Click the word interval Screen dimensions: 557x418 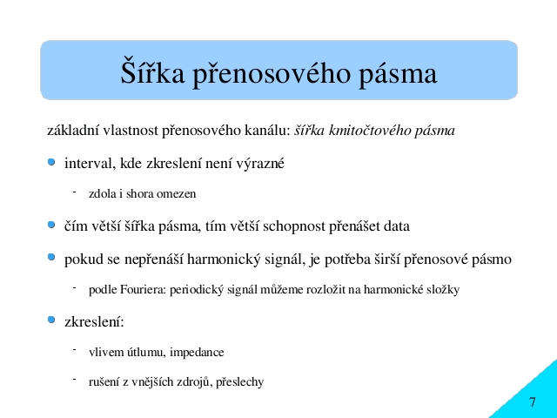tap(91, 164)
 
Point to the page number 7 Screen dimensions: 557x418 tap(532, 402)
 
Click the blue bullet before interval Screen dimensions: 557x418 tap(51, 163)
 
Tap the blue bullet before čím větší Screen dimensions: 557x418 tap(51, 225)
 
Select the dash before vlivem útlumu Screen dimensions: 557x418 tap(75, 350)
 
